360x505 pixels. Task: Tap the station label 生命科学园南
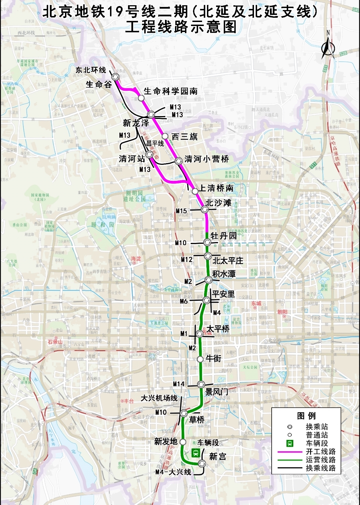click(170, 91)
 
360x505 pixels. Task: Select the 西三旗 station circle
click(165, 136)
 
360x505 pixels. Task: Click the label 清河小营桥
click(207, 159)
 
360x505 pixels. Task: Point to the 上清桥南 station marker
click(195, 191)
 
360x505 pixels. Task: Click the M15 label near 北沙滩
click(181, 211)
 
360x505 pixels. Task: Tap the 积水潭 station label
click(224, 274)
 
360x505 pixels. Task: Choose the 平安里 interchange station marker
click(207, 301)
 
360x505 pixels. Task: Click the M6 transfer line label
click(184, 301)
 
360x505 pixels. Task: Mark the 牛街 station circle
click(200, 359)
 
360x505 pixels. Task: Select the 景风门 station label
click(217, 392)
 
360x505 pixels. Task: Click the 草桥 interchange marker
click(184, 413)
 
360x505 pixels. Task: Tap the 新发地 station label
click(166, 441)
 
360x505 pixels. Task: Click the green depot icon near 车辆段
click(196, 453)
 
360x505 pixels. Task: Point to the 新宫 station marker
click(202, 463)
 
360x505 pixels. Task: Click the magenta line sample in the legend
click(289, 452)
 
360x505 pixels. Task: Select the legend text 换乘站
click(317, 427)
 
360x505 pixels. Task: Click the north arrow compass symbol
click(328, 47)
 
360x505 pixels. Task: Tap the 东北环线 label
click(91, 70)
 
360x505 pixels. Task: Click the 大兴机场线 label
click(159, 398)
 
